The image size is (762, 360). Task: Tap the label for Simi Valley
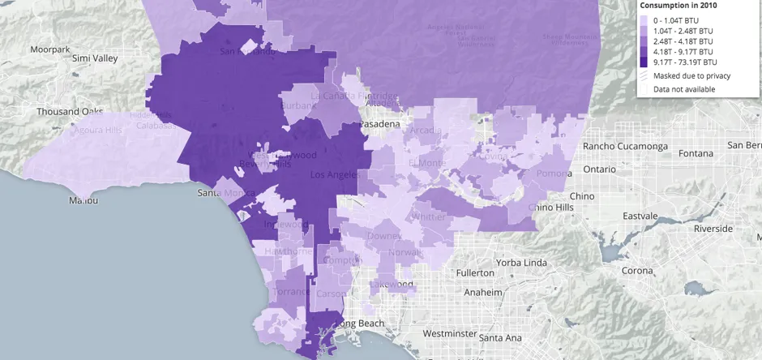point(94,58)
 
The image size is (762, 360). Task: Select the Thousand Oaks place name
point(68,112)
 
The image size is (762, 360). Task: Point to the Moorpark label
point(50,49)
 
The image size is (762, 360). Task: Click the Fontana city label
point(696,153)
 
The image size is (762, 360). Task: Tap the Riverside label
point(713,229)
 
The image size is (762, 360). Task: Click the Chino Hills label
point(551,208)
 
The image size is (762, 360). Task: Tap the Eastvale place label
point(640,216)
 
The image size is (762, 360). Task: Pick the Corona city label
point(637,271)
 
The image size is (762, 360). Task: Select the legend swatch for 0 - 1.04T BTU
point(644,19)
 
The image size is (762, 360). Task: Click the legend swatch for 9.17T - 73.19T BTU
point(644,61)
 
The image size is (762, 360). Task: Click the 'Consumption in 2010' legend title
point(678,5)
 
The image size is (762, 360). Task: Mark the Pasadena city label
point(379,124)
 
